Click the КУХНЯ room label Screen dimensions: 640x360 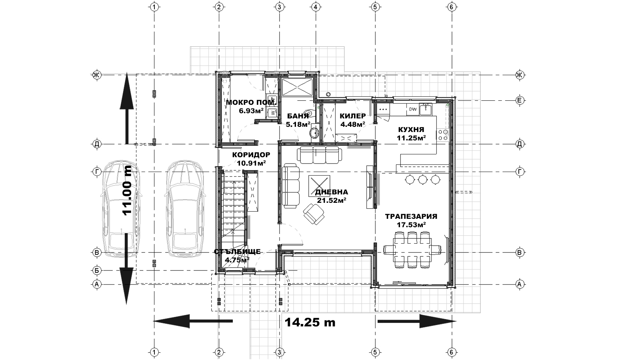point(411,130)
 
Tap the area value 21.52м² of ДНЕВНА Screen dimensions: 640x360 point(332,200)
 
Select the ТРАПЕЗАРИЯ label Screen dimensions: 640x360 point(411,216)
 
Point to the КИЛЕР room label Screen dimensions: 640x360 point(352,116)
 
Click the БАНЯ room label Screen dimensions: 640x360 point(298,116)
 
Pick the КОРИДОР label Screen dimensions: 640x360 point(251,155)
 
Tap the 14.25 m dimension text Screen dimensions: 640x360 point(310,322)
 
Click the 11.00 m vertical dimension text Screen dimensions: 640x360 point(127,190)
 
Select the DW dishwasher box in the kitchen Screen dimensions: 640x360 point(413,110)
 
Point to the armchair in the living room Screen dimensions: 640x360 point(314,214)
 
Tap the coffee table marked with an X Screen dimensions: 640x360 point(319,186)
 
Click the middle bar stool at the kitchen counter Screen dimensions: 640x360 point(422,180)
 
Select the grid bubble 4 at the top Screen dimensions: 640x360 point(316,7)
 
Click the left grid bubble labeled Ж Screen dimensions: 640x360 point(97,75)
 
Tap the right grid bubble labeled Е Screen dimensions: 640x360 point(520,100)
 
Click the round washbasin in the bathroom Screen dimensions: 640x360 point(314,133)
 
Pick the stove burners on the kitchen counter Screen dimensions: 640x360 point(442,135)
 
